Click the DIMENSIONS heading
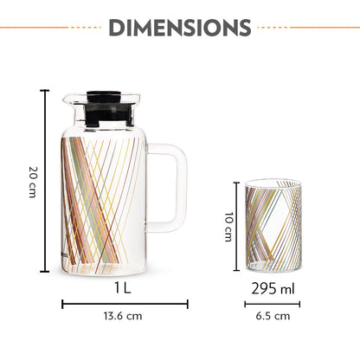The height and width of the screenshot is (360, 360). point(179,29)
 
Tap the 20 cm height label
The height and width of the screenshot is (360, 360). point(31,181)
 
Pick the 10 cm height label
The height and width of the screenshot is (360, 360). point(228,228)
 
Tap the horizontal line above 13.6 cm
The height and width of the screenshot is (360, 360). point(125,304)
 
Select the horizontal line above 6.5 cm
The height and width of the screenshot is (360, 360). point(271,304)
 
